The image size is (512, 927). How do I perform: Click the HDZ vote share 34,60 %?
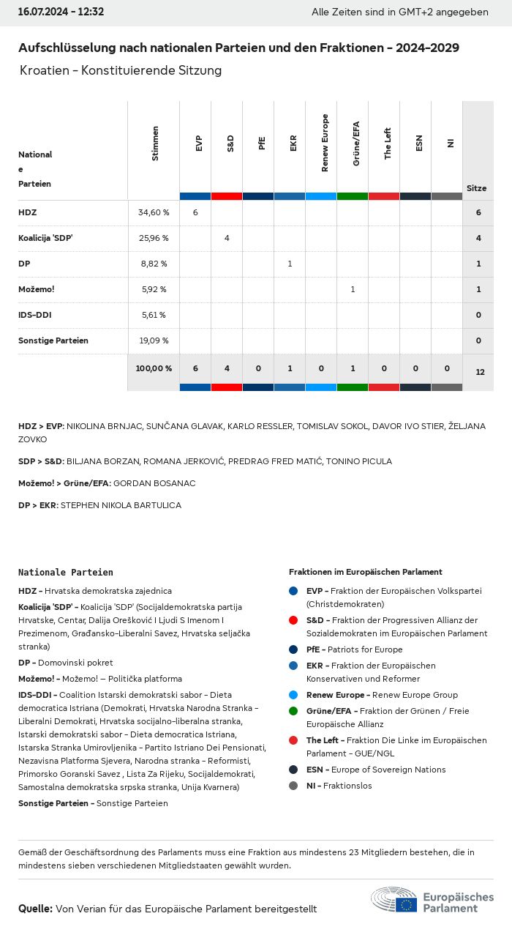pos(154,212)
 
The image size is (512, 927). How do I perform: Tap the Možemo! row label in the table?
pos(37,289)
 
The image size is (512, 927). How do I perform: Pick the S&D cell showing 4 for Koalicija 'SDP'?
pos(227,238)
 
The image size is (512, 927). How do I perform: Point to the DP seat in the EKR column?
pos(290,264)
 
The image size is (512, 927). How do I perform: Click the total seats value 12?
pos(480,372)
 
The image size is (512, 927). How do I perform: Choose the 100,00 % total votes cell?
pos(154,368)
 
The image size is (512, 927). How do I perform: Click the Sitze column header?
pos(477,188)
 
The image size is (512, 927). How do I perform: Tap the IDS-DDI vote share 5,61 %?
pos(154,315)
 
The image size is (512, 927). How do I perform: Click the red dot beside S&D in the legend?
pos(293,620)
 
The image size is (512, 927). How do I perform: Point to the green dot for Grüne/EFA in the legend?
pos(293,711)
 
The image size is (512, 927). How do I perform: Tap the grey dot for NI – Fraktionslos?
pos(293,786)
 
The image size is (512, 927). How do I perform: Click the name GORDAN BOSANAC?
pos(154,483)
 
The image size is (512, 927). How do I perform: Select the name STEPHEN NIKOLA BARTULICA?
pos(121,505)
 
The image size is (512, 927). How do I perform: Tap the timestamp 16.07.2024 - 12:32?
pos(61,12)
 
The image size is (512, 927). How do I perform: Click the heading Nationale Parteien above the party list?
pos(66,572)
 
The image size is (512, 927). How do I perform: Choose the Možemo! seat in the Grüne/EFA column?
pos(353,289)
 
